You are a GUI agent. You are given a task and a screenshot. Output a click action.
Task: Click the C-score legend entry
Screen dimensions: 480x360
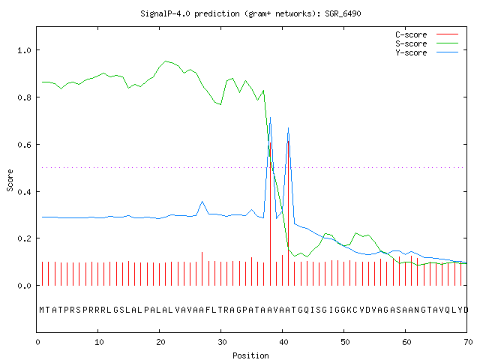click(x=427, y=34)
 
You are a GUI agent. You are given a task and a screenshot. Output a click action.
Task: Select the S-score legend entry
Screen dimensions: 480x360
click(x=427, y=43)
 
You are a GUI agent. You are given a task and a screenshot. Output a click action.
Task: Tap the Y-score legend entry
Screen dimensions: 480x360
click(x=427, y=52)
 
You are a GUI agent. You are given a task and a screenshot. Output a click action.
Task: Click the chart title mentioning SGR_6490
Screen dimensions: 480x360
click(x=250, y=13)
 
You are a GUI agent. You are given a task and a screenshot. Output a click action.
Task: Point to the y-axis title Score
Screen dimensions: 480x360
click(x=10, y=180)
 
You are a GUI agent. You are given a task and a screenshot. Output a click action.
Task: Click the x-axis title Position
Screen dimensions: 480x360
click(x=250, y=355)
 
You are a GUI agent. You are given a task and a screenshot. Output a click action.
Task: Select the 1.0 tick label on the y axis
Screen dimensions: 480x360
click(x=24, y=50)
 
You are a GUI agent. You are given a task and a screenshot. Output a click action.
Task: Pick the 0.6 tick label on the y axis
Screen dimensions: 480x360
click(x=24, y=145)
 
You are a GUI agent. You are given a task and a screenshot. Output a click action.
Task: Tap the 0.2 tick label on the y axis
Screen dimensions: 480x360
click(x=24, y=238)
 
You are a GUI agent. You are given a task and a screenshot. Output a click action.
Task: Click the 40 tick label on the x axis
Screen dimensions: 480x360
click(x=283, y=342)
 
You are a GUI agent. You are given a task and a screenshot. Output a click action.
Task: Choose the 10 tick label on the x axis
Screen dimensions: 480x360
click(x=99, y=342)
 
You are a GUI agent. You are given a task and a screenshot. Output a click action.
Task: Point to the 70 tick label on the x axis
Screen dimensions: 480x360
click(x=468, y=342)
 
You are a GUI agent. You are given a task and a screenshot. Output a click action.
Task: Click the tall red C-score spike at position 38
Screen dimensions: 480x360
click(x=270, y=214)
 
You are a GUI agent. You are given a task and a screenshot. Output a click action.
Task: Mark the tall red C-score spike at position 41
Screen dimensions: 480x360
click(x=288, y=213)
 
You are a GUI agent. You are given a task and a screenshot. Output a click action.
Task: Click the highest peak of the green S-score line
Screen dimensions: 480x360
click(x=166, y=61)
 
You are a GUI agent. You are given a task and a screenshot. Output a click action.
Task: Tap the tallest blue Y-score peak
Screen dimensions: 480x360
click(x=270, y=118)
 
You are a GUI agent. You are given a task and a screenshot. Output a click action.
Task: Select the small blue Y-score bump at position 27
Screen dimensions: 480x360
click(x=202, y=202)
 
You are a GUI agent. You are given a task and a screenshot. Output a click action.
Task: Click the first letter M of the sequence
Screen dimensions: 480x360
click(x=42, y=310)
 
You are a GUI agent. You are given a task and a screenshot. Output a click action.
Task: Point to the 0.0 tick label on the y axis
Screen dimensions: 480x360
click(x=24, y=286)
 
